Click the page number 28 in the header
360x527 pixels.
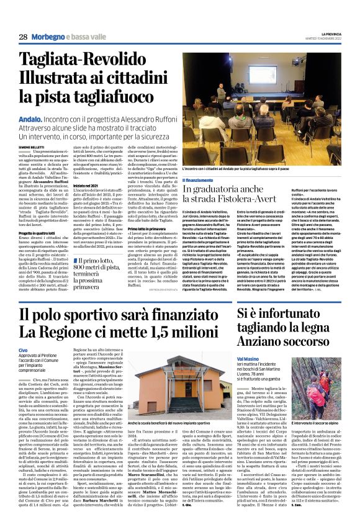(23, 37)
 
